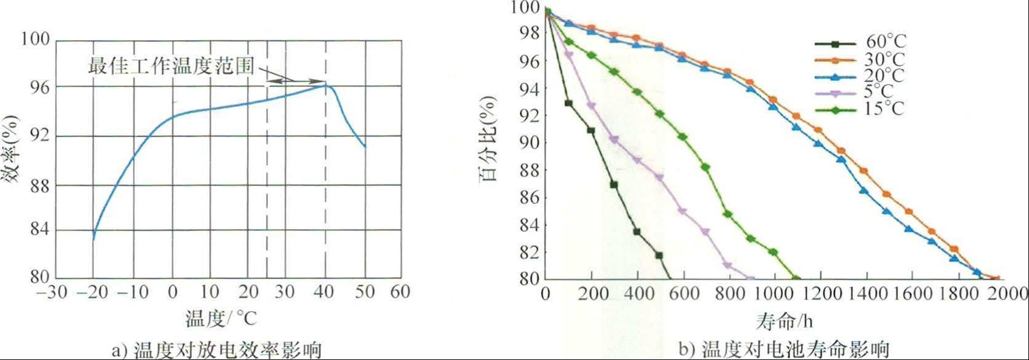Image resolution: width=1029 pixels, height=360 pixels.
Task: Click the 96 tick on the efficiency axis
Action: click(x=35, y=88)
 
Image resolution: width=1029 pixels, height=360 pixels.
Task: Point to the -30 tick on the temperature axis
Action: click(x=51, y=291)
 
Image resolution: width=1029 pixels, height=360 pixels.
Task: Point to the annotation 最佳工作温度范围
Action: click(x=172, y=65)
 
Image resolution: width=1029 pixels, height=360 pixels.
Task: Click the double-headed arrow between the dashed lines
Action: click(x=296, y=81)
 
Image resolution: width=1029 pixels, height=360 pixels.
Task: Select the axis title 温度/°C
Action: click(x=220, y=319)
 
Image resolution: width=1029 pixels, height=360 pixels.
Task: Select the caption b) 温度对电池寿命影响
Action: click(x=788, y=350)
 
